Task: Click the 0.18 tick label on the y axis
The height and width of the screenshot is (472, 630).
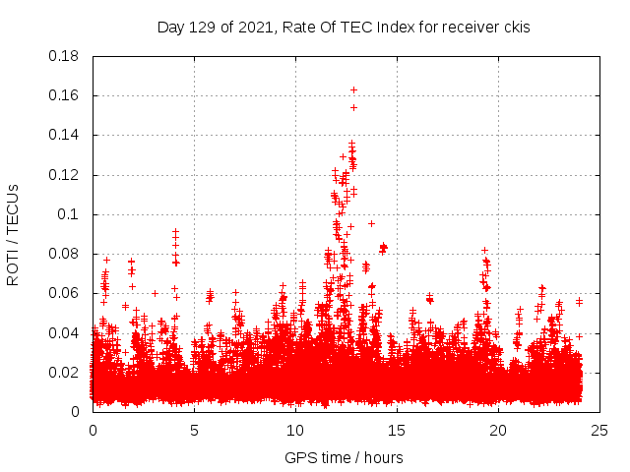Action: (65, 56)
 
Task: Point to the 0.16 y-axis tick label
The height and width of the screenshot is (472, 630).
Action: (65, 95)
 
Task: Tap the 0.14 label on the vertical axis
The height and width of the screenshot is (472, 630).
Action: (65, 135)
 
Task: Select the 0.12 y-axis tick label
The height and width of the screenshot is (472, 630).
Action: (65, 175)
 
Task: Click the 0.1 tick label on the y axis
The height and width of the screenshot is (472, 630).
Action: (69, 214)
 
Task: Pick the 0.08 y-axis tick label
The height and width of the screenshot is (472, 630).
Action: (65, 254)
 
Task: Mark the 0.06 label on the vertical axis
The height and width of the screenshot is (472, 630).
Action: (65, 293)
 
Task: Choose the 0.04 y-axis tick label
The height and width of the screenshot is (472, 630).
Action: (65, 332)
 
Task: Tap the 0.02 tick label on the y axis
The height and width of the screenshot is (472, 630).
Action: (65, 372)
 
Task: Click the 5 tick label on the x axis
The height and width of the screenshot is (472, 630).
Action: (194, 430)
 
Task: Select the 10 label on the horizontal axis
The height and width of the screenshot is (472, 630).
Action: (295, 430)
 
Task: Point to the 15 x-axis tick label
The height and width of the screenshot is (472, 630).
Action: (397, 430)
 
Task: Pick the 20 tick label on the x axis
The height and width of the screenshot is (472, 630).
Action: (498, 430)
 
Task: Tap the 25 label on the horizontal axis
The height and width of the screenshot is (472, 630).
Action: (599, 430)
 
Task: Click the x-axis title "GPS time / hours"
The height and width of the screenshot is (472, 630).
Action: (344, 457)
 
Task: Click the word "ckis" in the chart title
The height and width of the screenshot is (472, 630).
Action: (515, 28)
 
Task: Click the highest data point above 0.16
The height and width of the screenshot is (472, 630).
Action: (353, 90)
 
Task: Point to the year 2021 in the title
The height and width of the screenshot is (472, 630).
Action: (253, 28)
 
